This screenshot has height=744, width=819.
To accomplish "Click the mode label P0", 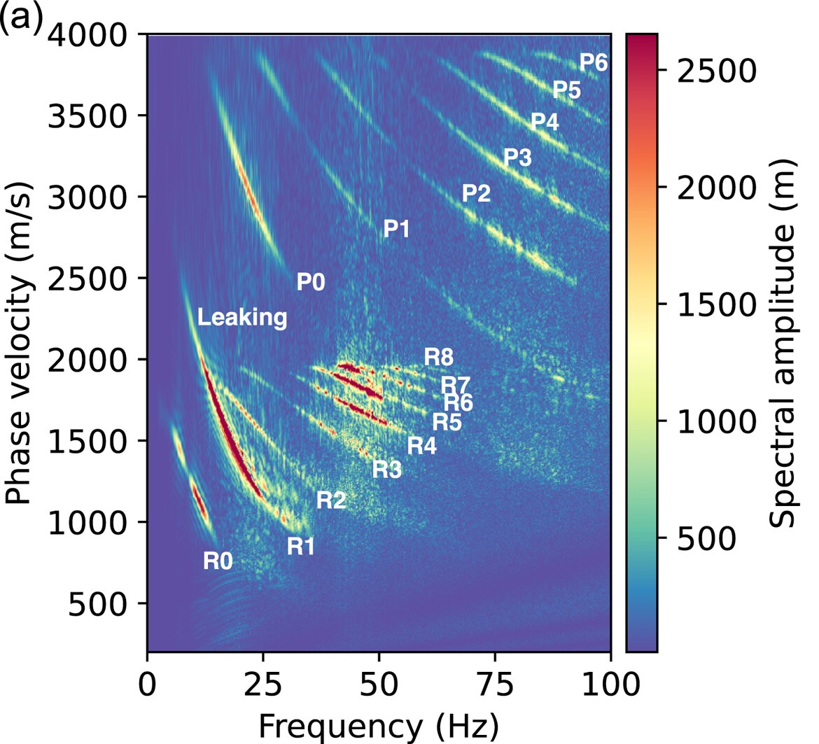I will [x=311, y=282].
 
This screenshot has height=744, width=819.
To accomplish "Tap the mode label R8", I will [x=439, y=358].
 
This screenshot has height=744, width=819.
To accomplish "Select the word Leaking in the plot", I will [x=242, y=318].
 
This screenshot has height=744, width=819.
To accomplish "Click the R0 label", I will [x=218, y=561].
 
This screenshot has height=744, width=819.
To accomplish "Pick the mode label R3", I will [x=386, y=470].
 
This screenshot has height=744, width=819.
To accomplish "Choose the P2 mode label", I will [x=476, y=193].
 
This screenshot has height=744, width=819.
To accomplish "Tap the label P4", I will [x=545, y=122].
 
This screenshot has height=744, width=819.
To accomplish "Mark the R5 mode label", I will [x=447, y=422].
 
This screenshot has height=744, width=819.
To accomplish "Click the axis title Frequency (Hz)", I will [x=379, y=725].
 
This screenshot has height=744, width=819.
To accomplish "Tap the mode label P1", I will [x=396, y=229].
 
